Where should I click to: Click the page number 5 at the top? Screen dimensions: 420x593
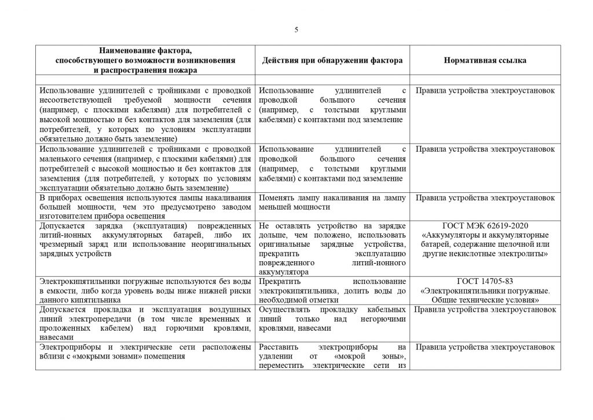pos(296,30)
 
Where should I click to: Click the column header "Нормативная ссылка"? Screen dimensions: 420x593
pos(485,60)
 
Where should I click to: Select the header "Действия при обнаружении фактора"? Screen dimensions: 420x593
pos(332,60)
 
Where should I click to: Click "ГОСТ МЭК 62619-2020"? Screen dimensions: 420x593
pos(485,225)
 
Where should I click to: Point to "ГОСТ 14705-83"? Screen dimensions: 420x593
pos(485,282)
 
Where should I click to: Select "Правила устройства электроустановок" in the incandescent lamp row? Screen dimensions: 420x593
pos(485,198)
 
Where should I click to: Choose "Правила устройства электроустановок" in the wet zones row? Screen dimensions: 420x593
pos(485,347)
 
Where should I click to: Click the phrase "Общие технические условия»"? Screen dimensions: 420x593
pos(485,300)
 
